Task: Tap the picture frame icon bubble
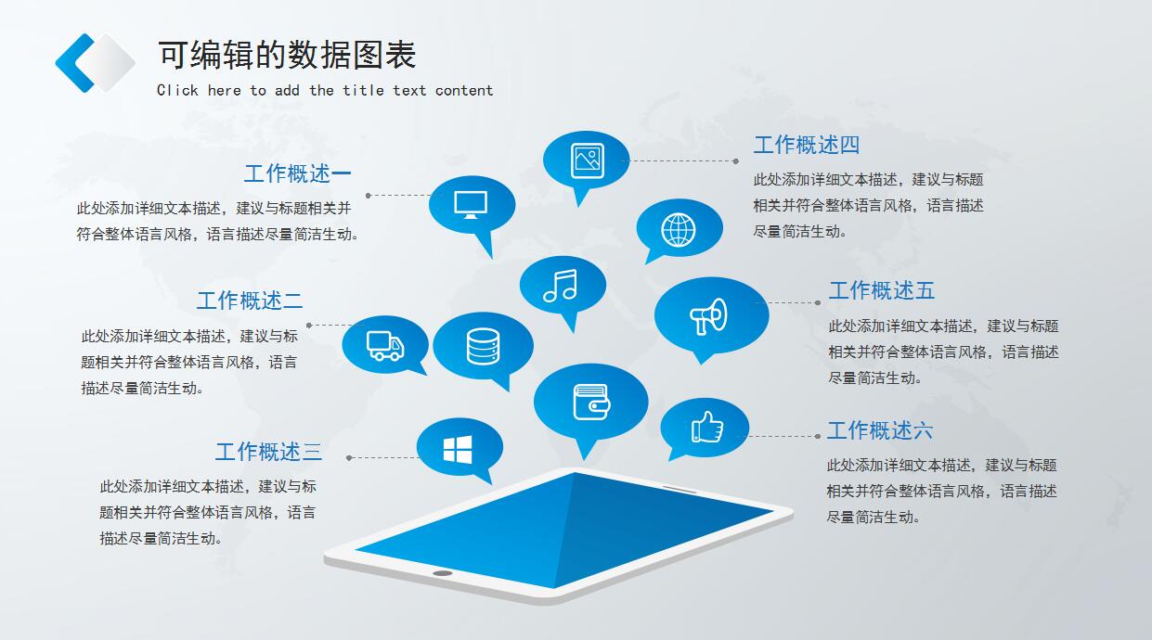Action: click(587, 160)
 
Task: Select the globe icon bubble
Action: click(679, 228)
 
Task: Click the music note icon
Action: click(561, 285)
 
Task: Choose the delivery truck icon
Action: click(385, 345)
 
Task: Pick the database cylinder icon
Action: click(483, 346)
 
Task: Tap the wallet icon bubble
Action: click(590, 402)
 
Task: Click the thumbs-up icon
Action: click(706, 427)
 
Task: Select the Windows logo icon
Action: click(458, 450)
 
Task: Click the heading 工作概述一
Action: click(297, 173)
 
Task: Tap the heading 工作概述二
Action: click(249, 301)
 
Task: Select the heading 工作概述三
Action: click(268, 452)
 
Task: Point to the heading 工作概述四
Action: click(806, 145)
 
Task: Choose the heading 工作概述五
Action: click(881, 290)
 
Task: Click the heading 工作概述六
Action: click(879, 430)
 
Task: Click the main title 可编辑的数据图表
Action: click(286, 56)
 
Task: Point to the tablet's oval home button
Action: click(443, 573)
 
